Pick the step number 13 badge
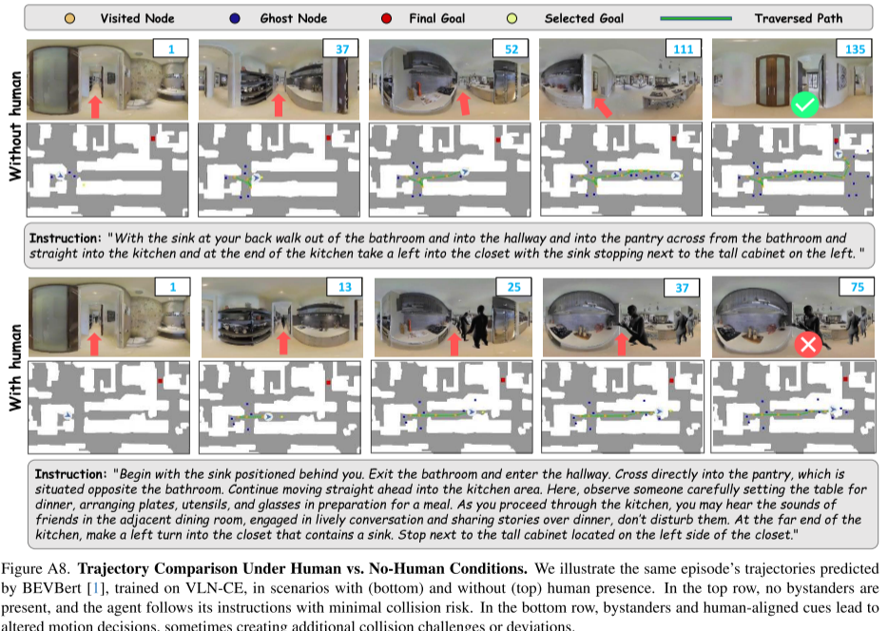[342, 287]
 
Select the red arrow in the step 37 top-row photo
[278, 103]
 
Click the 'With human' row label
[14, 365]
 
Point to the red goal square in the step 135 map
[841, 139]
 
